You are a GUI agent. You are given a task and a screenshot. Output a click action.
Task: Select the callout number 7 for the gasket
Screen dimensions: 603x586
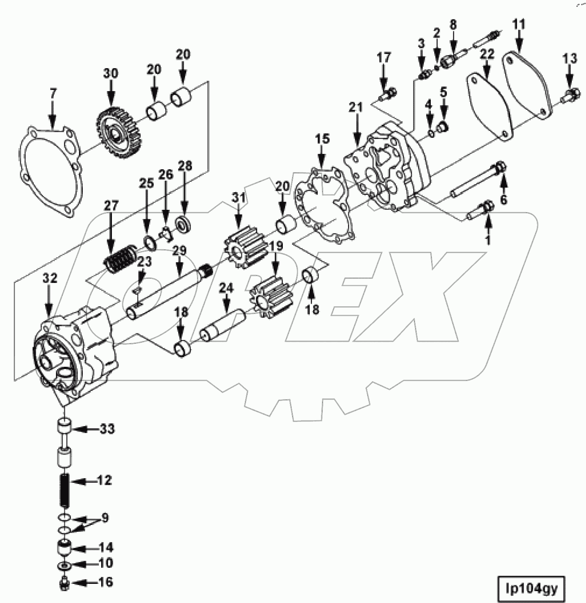point(53,93)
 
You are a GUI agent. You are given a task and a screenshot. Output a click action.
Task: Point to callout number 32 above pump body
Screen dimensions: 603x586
point(50,278)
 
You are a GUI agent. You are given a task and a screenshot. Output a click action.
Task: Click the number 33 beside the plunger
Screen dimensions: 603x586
point(108,430)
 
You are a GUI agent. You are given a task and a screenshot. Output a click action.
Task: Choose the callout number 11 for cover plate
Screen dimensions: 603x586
point(519,25)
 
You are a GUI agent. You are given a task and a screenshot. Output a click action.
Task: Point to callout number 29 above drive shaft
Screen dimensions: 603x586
point(179,251)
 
